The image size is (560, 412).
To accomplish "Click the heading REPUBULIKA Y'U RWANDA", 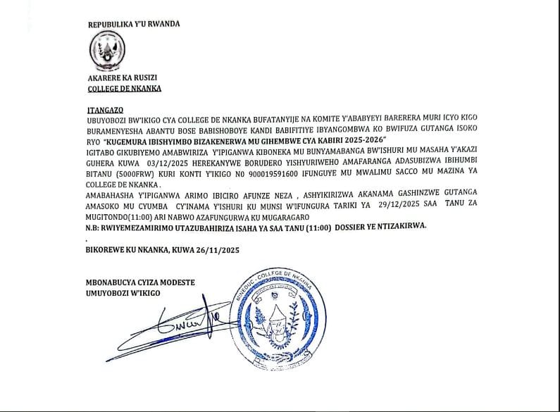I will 134,24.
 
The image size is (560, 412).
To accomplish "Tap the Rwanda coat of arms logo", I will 106,51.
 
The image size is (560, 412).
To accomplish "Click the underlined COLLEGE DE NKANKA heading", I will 125,89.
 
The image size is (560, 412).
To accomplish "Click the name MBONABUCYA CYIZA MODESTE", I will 139,283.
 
